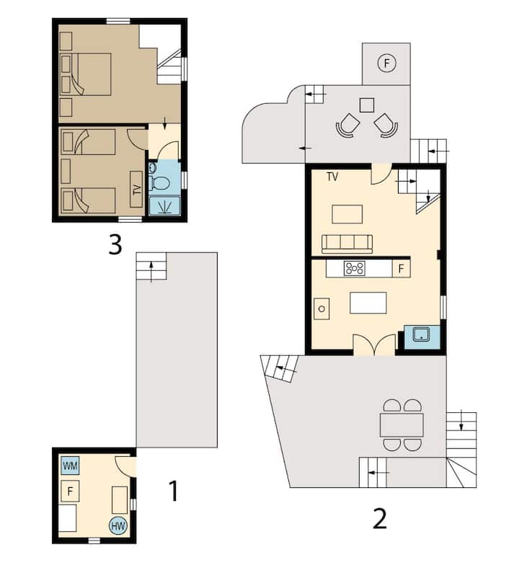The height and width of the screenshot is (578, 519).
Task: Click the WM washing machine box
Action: tap(70, 466)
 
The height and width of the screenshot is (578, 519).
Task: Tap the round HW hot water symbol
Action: tap(118, 525)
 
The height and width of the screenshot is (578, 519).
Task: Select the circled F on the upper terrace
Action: tap(386, 63)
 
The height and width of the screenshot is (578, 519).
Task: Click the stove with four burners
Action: tap(355, 268)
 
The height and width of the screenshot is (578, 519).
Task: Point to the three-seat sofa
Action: tap(347, 244)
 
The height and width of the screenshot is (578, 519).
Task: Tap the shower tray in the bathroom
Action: tap(165, 205)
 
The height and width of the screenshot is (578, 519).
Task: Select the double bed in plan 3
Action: tap(86, 74)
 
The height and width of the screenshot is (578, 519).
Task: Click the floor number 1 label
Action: tap(173, 491)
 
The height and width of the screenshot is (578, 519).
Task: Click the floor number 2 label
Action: tap(380, 519)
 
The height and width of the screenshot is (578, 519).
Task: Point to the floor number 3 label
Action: tap(115, 244)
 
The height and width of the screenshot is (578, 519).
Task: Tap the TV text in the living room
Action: tap(332, 177)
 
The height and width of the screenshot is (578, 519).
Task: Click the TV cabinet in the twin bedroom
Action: tap(136, 189)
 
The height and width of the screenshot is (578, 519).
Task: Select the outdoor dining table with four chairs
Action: tap(402, 425)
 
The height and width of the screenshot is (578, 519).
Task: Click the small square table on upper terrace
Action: tap(367, 105)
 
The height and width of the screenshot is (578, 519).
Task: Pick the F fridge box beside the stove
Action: tap(401, 268)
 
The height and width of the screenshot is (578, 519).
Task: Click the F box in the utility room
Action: tap(70, 492)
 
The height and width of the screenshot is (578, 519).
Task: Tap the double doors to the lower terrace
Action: tap(375, 344)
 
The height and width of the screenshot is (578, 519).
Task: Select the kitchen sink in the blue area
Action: tap(422, 335)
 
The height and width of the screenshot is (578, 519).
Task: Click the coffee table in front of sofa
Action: tap(347, 214)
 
